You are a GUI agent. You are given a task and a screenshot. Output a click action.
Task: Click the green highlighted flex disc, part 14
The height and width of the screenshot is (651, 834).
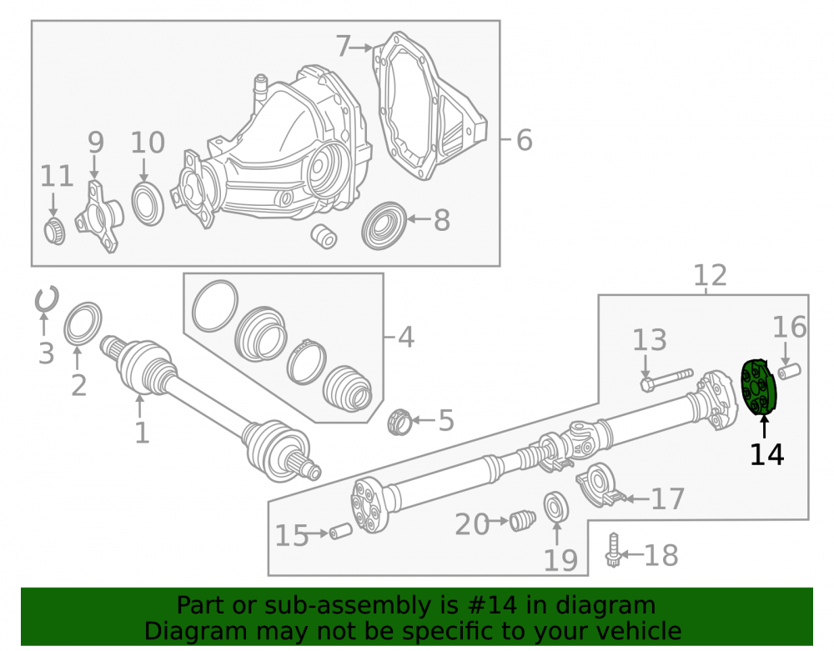point(759,387)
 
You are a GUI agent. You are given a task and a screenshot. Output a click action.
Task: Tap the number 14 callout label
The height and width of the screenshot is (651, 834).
point(766,455)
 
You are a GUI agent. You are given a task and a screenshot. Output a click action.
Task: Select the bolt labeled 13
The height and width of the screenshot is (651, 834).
point(667,379)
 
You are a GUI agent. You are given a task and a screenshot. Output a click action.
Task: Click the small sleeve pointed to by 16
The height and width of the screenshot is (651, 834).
point(789,370)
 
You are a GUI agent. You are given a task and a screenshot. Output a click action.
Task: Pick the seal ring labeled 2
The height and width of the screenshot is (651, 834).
point(83,324)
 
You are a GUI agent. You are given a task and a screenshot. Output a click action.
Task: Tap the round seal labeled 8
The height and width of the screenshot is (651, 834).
point(384,225)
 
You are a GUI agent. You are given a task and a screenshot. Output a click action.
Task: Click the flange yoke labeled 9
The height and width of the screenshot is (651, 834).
point(98,217)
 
